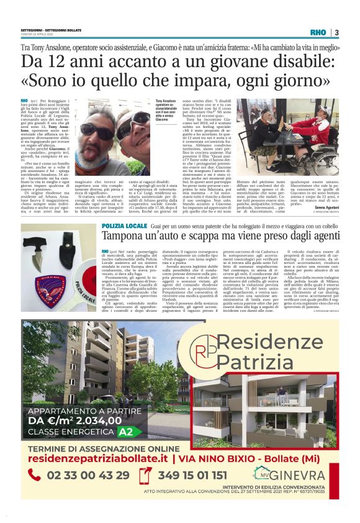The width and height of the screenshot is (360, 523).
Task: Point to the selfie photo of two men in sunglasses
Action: (x=115, y=127)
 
